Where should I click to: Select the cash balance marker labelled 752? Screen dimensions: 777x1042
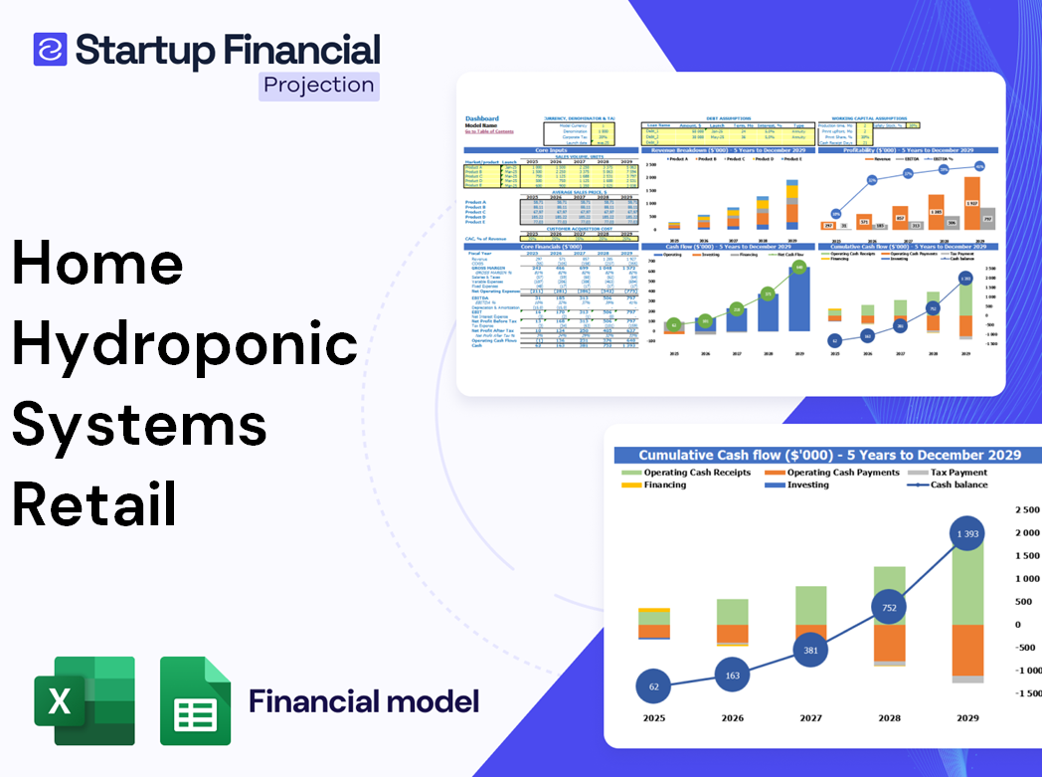click(888, 608)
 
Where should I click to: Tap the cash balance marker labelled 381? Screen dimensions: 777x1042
click(810, 651)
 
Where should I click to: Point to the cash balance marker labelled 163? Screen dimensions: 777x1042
click(732, 676)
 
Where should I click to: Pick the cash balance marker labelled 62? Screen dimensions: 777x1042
click(653, 686)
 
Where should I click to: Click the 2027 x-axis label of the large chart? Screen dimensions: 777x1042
click(810, 718)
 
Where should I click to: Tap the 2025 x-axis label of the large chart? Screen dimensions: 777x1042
click(653, 718)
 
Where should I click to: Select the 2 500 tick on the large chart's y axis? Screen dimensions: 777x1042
click(1025, 509)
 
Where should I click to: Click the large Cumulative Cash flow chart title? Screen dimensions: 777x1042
click(829, 455)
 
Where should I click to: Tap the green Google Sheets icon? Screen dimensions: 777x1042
click(196, 700)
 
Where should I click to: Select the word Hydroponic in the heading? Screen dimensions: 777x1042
click(185, 344)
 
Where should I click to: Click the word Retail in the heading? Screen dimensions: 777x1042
click(95, 503)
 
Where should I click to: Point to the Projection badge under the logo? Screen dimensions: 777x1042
click(319, 85)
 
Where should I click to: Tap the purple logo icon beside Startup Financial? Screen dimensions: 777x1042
click(50, 49)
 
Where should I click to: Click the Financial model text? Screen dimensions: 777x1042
click(364, 701)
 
